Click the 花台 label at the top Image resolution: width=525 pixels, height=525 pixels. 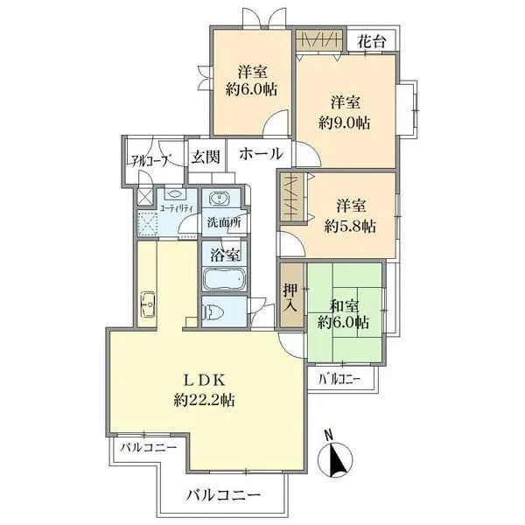click(x=374, y=40)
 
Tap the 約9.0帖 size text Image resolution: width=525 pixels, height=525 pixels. click(x=345, y=123)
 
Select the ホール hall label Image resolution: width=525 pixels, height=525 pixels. click(x=260, y=154)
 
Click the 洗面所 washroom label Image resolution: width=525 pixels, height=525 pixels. click(x=223, y=222)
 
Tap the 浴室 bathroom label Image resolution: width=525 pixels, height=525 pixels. click(x=224, y=255)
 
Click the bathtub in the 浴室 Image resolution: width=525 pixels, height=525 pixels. click(x=223, y=280)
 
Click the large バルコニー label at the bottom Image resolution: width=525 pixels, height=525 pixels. click(x=222, y=495)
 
